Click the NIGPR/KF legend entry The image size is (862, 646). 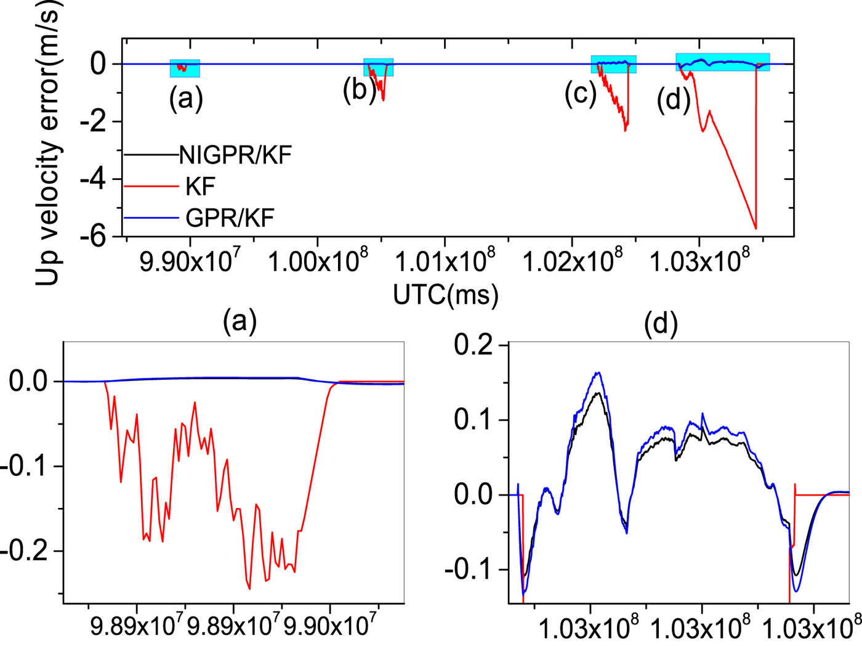pos(235,155)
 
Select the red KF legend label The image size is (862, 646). pos(200,186)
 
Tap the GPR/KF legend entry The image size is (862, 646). pos(229,218)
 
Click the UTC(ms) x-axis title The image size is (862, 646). pos(446,295)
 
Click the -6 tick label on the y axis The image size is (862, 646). pos(93,236)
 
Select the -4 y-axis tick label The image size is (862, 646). pos(93,179)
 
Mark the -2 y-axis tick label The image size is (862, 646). pos(93,121)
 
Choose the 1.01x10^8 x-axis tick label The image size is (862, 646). pos(445,262)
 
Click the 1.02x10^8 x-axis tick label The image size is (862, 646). pos(572,262)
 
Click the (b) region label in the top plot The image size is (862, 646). pos(360,89)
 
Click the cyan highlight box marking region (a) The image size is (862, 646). pos(185,68)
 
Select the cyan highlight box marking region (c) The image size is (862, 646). pos(613,64)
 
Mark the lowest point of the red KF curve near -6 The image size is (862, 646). pos(755,229)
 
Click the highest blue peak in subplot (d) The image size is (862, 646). pos(597,372)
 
